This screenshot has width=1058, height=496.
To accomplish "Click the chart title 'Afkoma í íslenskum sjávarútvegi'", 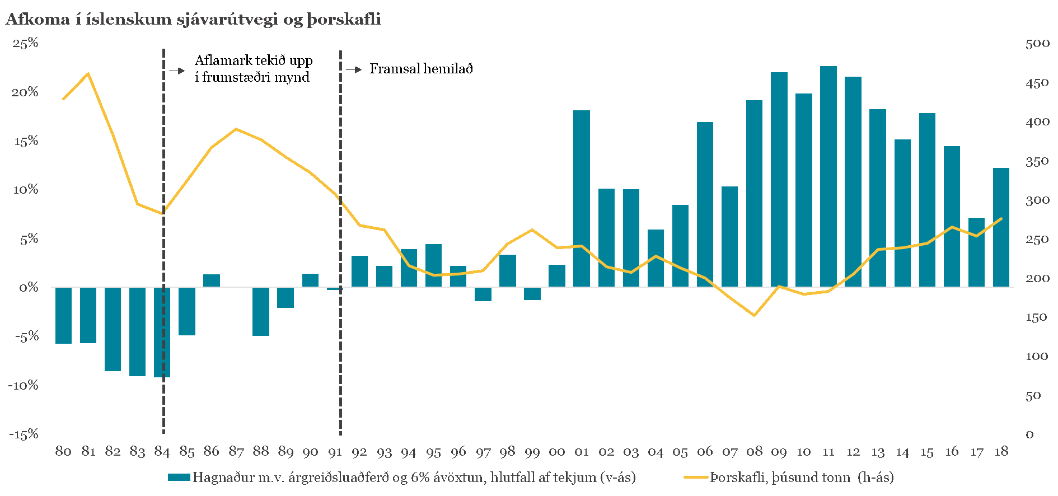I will [x=193, y=19].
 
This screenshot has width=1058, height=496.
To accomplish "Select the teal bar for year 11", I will [x=828, y=176].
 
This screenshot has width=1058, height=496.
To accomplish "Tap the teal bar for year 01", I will [x=582, y=199].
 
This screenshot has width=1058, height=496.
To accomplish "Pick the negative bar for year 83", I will [x=137, y=331].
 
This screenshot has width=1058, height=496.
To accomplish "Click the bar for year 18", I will [x=1001, y=227].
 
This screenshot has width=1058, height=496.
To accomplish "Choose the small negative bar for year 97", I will [x=483, y=294].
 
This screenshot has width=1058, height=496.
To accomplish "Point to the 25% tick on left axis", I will [x=26, y=43].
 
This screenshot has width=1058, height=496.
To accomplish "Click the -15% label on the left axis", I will [x=24, y=434].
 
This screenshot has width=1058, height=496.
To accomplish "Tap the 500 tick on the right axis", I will [x=1037, y=44].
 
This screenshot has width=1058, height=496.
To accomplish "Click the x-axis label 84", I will [x=162, y=452].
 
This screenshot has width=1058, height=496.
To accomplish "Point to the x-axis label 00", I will [x=557, y=452].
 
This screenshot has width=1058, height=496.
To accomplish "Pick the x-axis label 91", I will [x=335, y=452].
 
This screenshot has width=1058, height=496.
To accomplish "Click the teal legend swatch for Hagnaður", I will [x=179, y=478].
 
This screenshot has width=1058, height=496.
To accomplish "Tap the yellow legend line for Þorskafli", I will [x=696, y=478].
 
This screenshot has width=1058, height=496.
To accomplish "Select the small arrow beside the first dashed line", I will [x=177, y=71].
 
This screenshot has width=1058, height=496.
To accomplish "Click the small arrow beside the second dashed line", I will [x=354, y=70].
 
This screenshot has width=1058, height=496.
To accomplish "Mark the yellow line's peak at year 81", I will [x=88, y=73].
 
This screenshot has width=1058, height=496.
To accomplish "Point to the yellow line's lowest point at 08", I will [x=755, y=315].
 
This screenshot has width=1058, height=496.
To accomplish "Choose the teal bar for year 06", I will [x=705, y=204].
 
